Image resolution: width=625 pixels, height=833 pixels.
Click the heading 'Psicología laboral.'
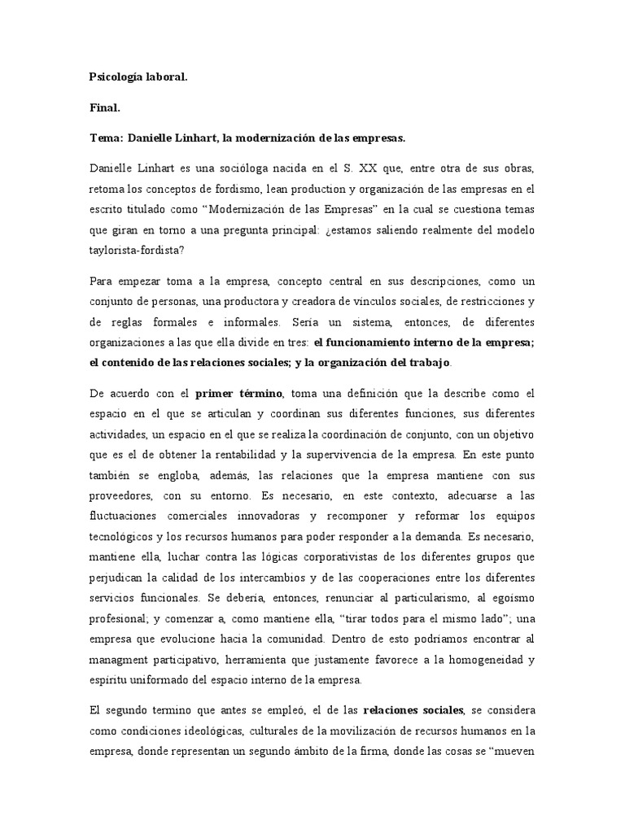(x=138, y=77)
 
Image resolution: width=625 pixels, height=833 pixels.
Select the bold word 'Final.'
(x=104, y=107)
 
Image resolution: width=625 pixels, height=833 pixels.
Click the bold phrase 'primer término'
(x=238, y=394)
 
